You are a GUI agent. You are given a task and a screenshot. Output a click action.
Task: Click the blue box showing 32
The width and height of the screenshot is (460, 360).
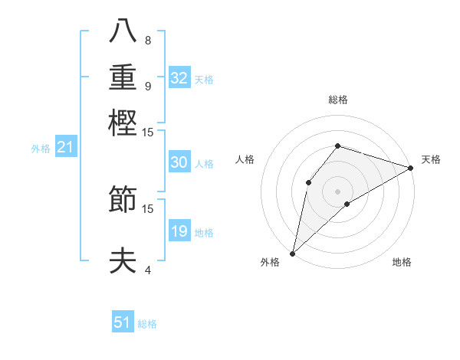coord(179,78)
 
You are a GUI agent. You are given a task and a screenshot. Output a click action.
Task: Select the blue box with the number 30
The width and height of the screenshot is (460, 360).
coord(179,162)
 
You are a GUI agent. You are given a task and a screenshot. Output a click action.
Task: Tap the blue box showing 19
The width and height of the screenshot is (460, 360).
coord(179,231)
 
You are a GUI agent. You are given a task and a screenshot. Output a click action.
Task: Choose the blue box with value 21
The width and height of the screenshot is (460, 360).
coord(64,147)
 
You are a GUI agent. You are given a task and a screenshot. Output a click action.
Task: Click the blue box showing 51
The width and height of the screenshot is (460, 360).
coord(123,322)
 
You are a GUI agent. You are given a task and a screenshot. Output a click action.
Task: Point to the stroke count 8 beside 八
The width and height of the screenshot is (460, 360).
coord(147,41)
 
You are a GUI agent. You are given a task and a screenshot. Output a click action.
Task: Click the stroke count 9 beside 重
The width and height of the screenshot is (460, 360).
coord(147,86)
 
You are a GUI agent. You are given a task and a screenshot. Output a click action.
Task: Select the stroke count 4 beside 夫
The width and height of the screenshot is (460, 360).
coord(147,270)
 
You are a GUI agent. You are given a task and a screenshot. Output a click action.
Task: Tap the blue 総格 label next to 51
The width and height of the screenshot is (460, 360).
coord(147,324)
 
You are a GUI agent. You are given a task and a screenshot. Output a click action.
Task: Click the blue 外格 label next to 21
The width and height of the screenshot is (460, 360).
coord(41,149)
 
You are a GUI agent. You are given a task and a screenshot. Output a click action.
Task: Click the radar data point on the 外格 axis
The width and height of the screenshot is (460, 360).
coord(292,253)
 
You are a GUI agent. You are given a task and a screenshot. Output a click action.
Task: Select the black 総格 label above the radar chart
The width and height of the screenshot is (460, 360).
coord(337,100)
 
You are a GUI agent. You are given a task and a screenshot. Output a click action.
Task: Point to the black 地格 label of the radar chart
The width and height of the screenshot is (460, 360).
coord(402,263)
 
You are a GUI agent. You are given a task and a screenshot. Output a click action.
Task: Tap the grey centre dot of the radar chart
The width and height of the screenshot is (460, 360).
coord(337,191)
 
